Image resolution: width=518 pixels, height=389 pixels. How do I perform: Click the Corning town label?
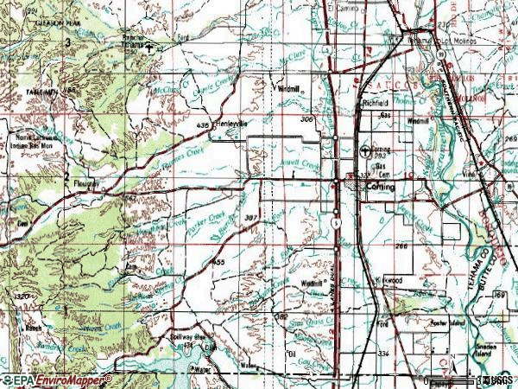(x=381, y=187)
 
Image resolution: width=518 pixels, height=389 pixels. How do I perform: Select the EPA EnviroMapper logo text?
(x=56, y=380)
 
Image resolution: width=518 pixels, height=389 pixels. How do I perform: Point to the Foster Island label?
(x=447, y=325)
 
